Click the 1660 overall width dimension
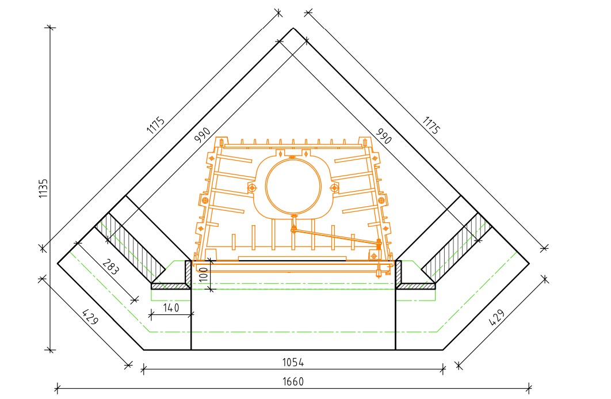point(293,381)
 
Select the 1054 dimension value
point(293,362)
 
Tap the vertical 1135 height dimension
point(43,188)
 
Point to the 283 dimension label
point(110,267)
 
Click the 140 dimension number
point(171,307)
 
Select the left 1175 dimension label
point(156,126)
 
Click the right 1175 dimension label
point(430,126)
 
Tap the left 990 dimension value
point(203,135)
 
